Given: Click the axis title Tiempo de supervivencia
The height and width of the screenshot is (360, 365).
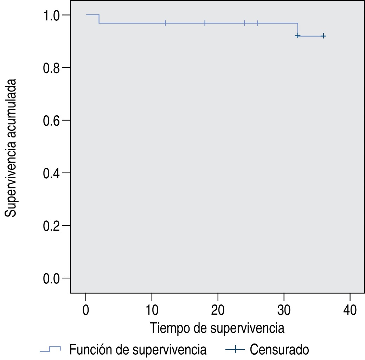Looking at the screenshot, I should pos(217,328).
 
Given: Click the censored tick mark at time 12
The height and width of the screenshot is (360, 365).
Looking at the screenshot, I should pos(165,23).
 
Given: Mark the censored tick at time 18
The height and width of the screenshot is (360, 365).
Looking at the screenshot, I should pos(205,23).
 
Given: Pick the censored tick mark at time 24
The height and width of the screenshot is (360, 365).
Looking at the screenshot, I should pos(244,23).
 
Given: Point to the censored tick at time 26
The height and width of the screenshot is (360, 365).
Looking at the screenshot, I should pos(257,23).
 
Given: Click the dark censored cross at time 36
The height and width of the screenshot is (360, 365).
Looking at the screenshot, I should pos(323,36).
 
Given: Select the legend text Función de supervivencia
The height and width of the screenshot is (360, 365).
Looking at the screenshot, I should pos(138,350).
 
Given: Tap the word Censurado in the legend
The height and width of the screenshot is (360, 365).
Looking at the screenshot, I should pos(280,350).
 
